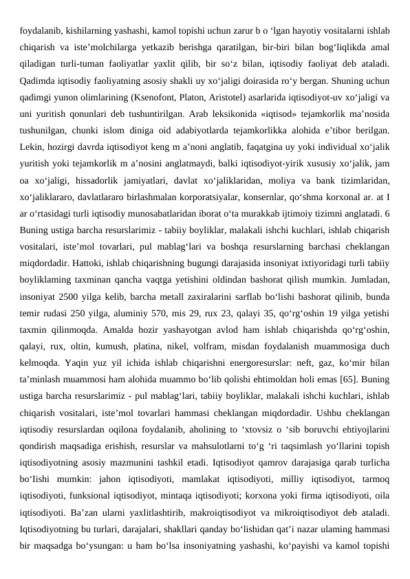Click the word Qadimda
click(38, 80)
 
